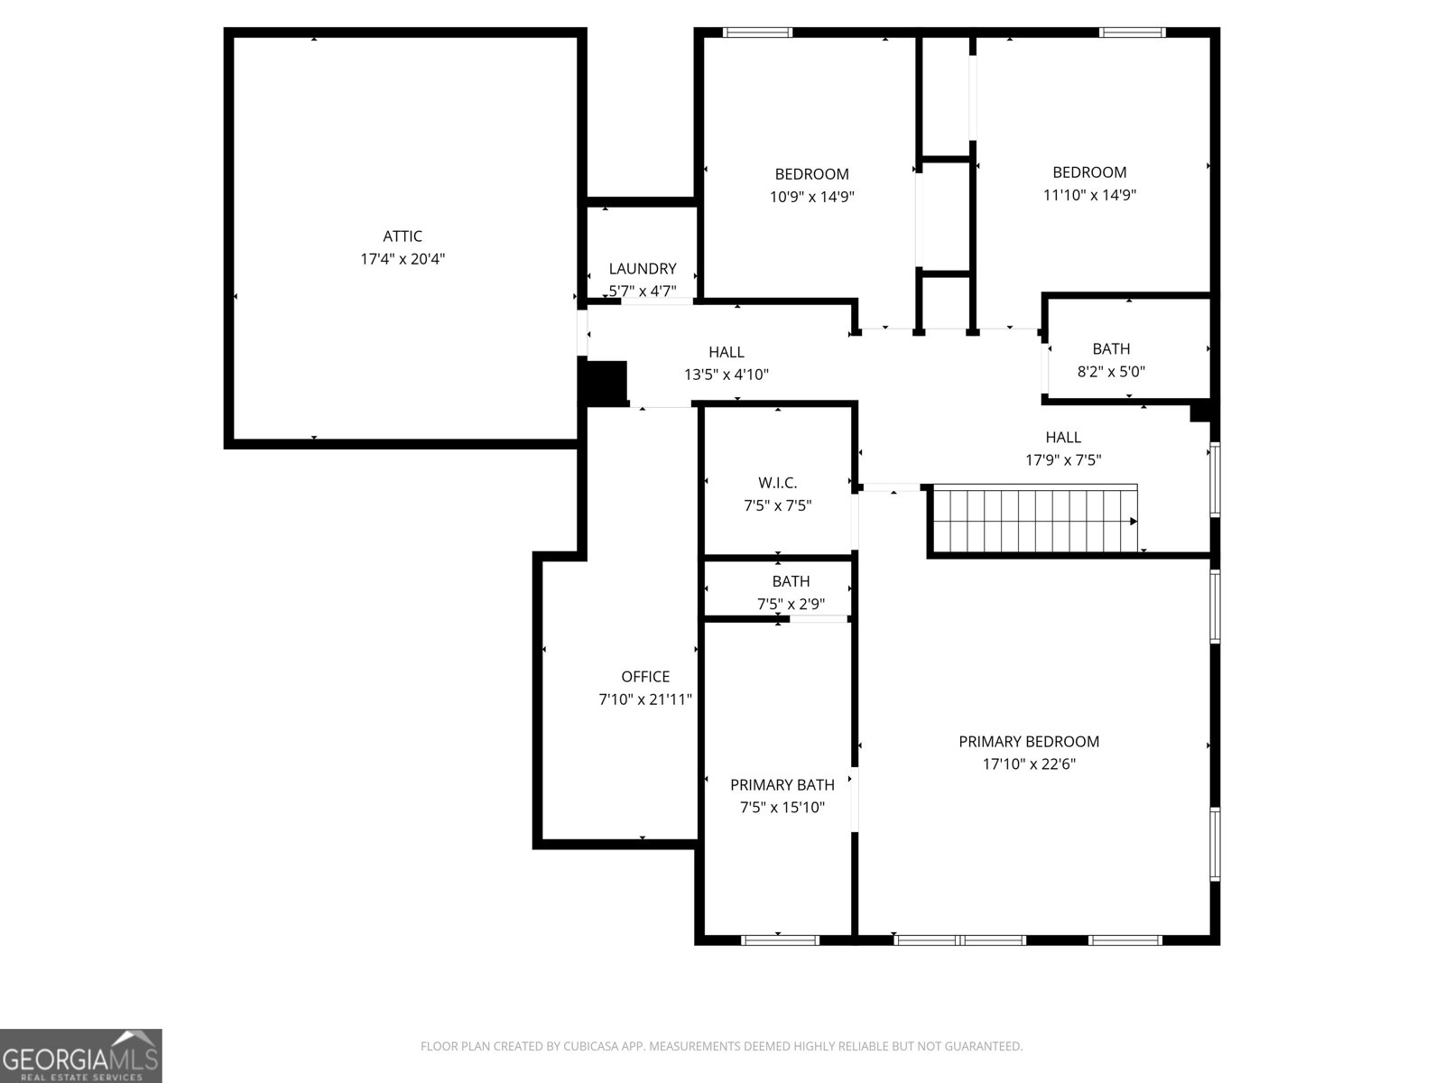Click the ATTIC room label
(x=403, y=236)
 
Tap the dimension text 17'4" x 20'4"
(x=403, y=259)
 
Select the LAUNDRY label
(x=642, y=269)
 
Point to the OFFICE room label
(x=645, y=677)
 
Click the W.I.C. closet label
(x=777, y=483)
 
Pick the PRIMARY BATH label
(x=782, y=785)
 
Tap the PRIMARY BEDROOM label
(x=1029, y=742)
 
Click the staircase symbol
(x=1034, y=521)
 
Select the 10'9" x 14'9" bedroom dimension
(x=811, y=197)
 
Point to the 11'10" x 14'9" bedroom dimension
(x=1089, y=195)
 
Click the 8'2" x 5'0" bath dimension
(x=1111, y=371)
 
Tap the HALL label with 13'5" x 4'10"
(x=727, y=352)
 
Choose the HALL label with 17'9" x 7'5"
(x=1063, y=438)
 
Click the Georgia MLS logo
(x=81, y=1055)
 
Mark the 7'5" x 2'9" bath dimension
(x=791, y=605)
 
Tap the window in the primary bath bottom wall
(x=780, y=940)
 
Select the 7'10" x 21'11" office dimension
(x=645, y=699)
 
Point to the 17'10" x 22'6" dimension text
(x=1029, y=764)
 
